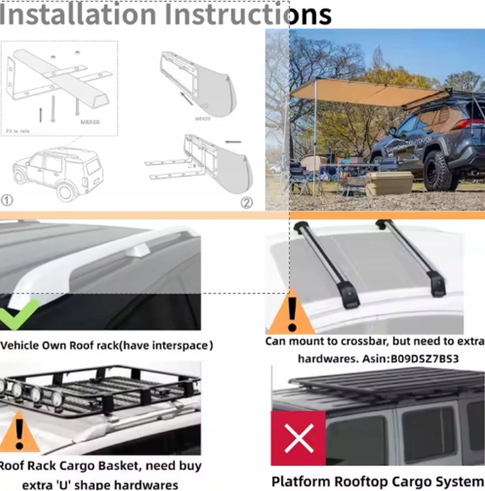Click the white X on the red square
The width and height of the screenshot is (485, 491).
298,438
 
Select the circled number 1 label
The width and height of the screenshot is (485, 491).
6,200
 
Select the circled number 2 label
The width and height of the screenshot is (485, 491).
246,203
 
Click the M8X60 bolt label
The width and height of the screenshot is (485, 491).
89,122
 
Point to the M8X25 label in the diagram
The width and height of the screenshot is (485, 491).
202,118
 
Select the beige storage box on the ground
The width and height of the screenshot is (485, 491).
389,184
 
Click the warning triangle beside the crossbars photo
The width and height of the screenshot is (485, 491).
292,312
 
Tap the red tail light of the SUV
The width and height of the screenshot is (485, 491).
474,123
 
